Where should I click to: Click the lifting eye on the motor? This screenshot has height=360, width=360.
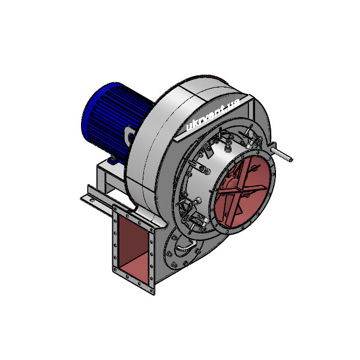pos(130,137)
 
